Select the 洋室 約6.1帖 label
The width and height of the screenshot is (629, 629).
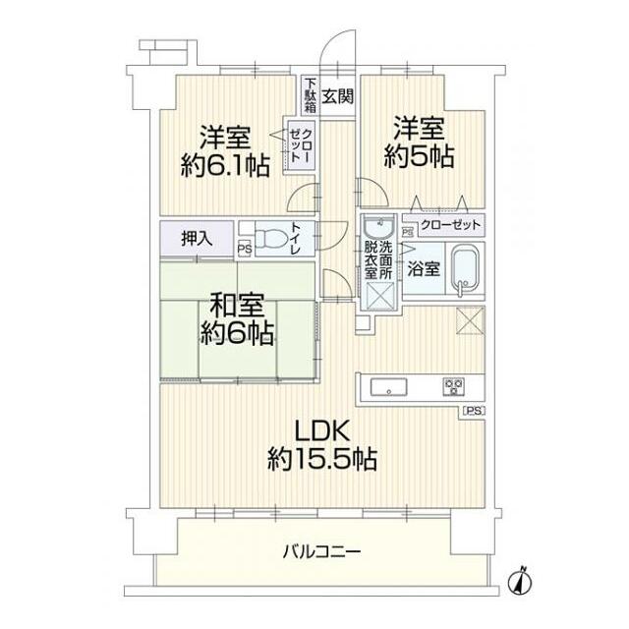225,148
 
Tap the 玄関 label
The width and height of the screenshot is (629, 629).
337,96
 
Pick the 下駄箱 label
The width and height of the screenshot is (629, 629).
310,96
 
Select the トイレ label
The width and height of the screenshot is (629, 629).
296,239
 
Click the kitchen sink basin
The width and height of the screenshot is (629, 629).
387,386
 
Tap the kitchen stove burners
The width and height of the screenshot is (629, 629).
453,385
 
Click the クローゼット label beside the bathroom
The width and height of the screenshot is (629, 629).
450,226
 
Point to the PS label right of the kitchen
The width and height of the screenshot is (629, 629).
474,411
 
